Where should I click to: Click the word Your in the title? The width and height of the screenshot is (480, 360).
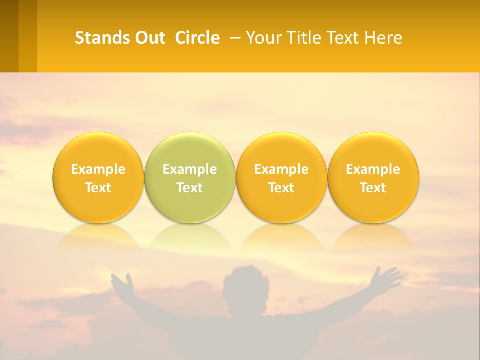[x=263, y=38]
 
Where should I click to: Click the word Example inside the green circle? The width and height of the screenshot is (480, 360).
[x=190, y=169]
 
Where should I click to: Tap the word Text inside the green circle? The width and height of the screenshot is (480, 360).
[x=190, y=188]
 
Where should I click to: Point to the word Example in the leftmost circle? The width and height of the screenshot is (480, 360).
[x=98, y=169]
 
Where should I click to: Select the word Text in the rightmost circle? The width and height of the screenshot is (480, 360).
[x=373, y=188]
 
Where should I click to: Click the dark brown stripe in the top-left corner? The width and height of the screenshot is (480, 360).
[x=9, y=36]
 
